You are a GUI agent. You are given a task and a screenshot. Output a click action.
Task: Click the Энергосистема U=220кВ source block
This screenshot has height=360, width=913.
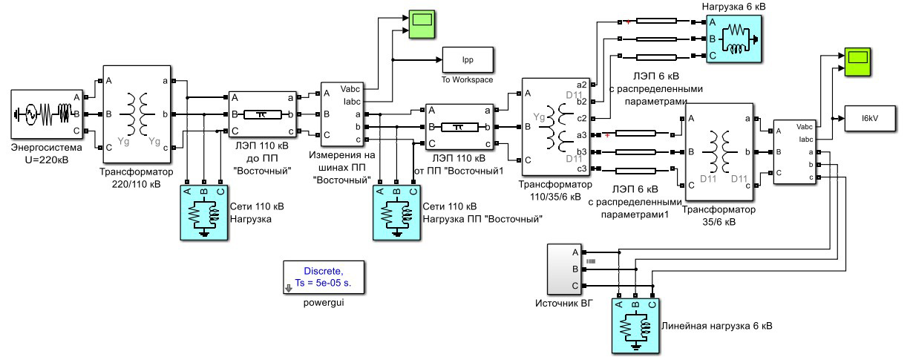click(43, 114)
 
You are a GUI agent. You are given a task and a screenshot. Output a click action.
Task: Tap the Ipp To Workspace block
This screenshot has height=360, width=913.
click(468, 59)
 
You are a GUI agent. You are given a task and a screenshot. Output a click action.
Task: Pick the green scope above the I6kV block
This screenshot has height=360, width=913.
click(858, 59)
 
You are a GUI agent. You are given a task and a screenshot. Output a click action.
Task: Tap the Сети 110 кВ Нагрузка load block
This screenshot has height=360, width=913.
click(205, 212)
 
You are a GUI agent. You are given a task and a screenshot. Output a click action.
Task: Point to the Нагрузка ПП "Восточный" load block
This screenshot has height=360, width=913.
click(397, 212)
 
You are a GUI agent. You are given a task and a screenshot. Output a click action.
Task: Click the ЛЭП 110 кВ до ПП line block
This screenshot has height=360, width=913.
click(261, 115)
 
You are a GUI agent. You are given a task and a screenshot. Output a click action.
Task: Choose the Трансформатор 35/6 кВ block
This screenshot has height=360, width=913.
click(719, 152)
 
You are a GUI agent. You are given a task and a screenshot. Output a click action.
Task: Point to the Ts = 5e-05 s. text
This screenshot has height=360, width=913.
click(323, 283)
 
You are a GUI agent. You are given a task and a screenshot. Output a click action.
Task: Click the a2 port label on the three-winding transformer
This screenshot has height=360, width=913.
click(580, 85)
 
